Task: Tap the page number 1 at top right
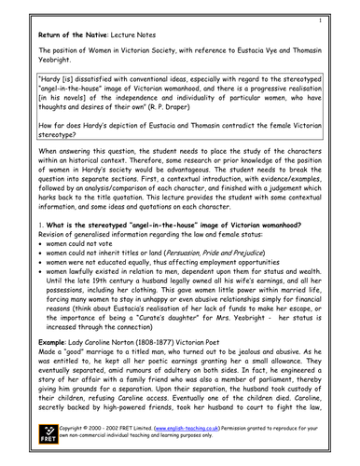click(x=344, y=20)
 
